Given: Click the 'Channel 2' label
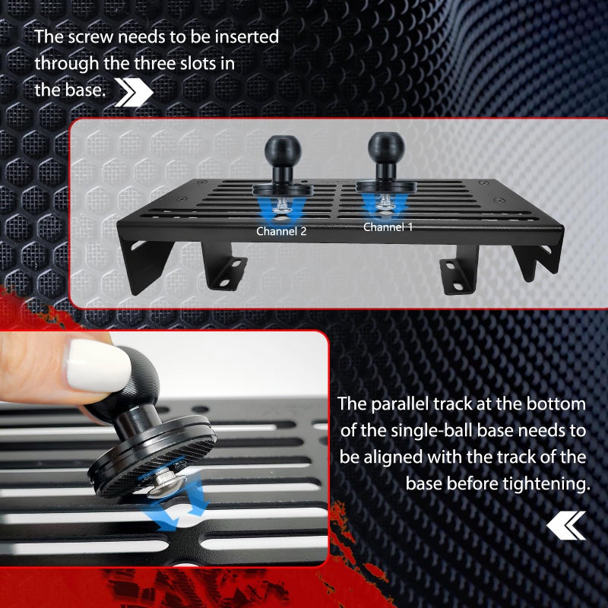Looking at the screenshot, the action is pos(281,231).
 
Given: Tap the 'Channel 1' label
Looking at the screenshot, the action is pos(388,226).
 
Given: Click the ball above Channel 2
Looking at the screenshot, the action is pos(283,149).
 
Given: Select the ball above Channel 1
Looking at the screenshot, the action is pos(386,147).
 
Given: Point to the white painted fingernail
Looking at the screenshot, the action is pos(99,366).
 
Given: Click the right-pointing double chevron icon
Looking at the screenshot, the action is pos(134,93).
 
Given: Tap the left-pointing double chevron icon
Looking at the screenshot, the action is pos(566,525).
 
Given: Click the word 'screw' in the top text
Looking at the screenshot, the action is pos(90,37).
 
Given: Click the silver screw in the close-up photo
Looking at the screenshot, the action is pos(166,484).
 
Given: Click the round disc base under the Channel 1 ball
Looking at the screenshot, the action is pos(387,186).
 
